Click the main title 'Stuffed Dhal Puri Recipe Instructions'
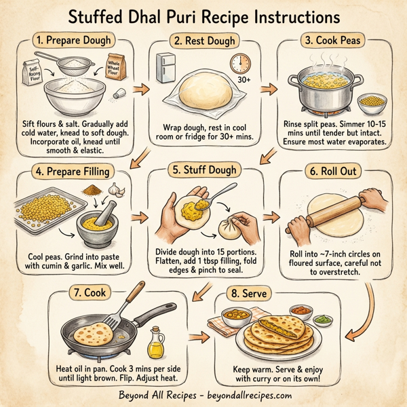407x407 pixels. click(x=203, y=16)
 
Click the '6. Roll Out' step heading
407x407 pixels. click(x=337, y=172)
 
